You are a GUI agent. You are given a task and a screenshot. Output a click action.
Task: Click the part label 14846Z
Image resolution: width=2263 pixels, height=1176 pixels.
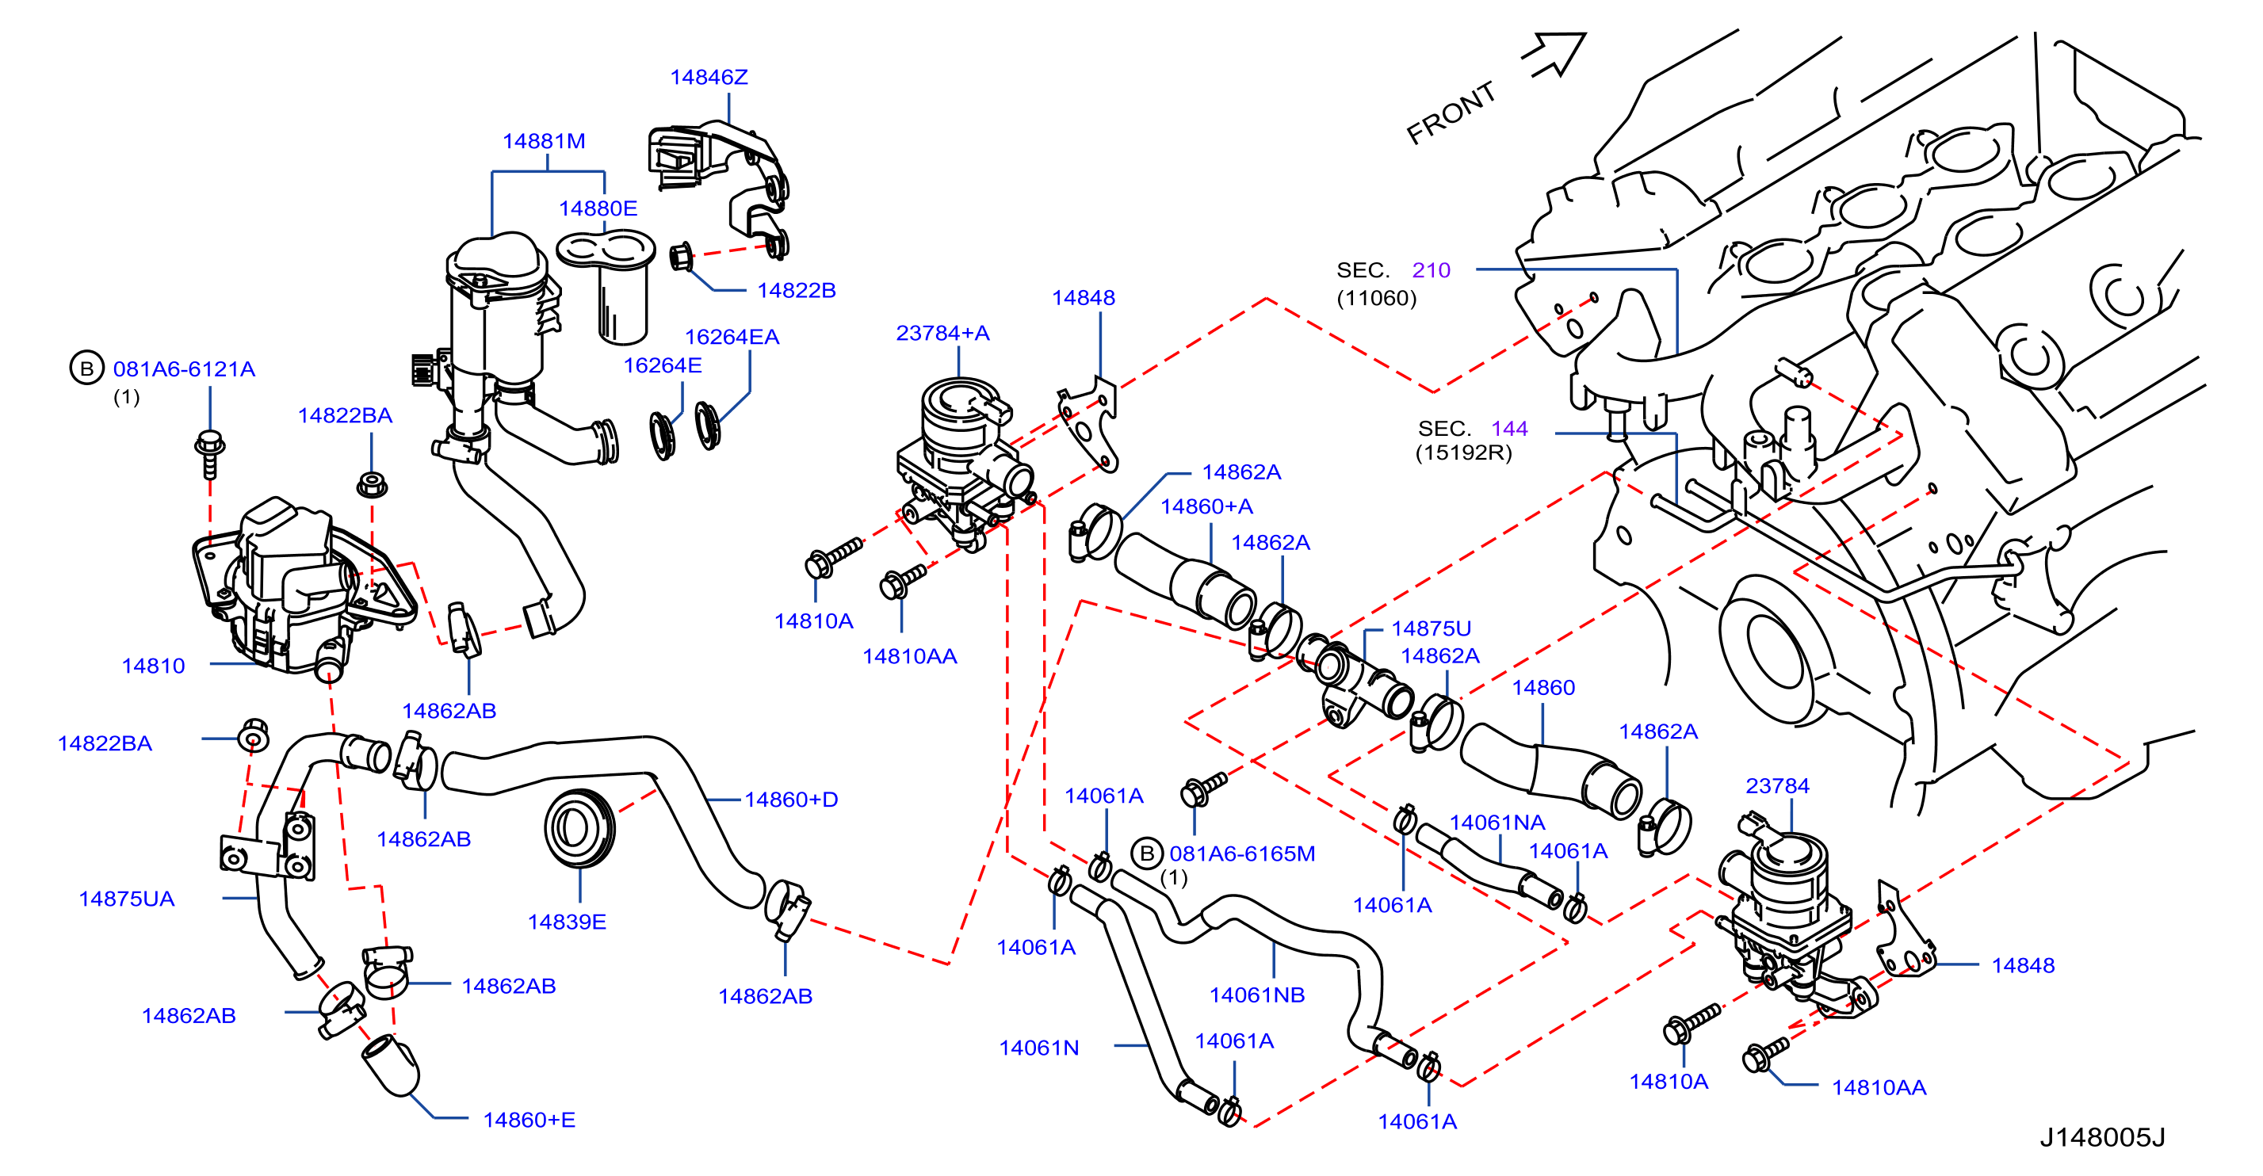coord(709,78)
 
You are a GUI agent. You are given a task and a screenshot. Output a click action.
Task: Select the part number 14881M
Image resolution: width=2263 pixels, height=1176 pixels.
coord(544,141)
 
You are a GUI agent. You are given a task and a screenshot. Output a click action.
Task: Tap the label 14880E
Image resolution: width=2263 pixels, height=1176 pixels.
coord(598,209)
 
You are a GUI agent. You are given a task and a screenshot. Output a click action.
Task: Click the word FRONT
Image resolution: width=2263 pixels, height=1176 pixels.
coord(1451,113)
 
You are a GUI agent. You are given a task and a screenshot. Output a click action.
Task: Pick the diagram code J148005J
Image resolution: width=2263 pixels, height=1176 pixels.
coord(2102,1137)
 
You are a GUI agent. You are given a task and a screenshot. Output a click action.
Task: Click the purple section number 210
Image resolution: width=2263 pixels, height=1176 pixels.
coord(1431,270)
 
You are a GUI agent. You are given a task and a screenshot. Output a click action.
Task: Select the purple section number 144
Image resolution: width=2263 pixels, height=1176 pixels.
coord(1509,429)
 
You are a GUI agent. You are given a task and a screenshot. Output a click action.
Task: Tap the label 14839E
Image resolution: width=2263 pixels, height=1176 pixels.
coord(567,922)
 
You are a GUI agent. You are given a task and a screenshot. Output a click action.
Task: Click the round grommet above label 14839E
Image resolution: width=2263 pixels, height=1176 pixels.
coord(579,827)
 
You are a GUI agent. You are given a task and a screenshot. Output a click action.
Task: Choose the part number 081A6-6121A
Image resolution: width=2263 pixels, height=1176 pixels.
coord(185,368)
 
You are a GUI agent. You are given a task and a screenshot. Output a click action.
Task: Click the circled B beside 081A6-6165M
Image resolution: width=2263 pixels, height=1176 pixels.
coord(1146,853)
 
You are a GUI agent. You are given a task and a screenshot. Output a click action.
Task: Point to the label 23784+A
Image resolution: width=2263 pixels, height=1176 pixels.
coord(942,334)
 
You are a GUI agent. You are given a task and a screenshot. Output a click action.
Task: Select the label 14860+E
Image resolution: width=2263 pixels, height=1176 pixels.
coord(529,1121)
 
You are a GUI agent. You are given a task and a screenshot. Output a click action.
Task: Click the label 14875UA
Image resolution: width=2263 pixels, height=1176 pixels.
coord(127,899)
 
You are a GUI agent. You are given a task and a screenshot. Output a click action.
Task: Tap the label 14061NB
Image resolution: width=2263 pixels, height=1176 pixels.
coord(1257,995)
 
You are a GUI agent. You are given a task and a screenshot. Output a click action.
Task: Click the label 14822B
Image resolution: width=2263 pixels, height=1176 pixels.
coord(797,291)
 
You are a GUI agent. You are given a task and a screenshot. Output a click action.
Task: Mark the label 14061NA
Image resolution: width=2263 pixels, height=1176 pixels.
coord(1497,823)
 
